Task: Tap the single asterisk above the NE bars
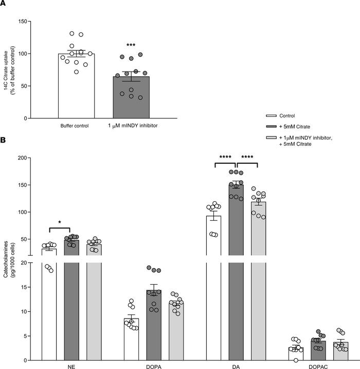pyautogui.click(x=60, y=222)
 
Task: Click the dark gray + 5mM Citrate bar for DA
pyautogui.click(x=236, y=268)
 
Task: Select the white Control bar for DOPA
pyautogui.click(x=131, y=340)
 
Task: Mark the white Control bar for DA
pyautogui.click(x=213, y=288)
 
